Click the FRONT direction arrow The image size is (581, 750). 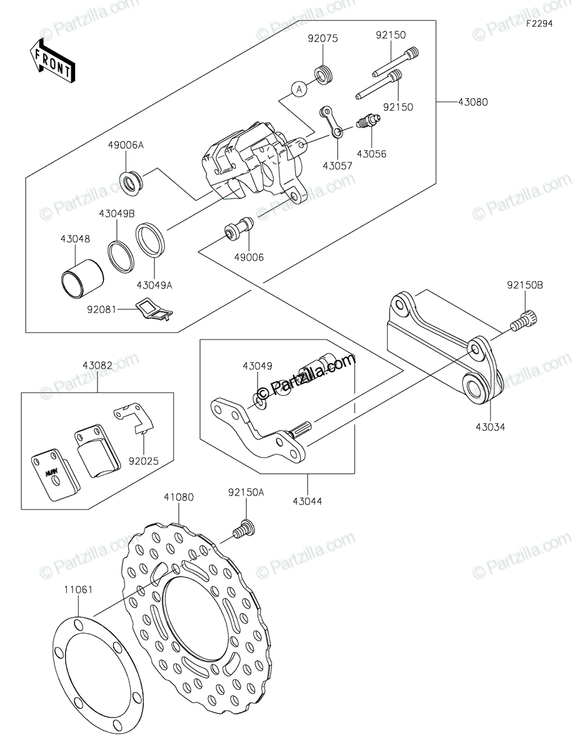pyautogui.click(x=53, y=61)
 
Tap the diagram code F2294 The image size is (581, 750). pyautogui.click(x=539, y=24)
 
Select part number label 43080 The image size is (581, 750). pyautogui.click(x=473, y=102)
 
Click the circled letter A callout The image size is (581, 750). pyautogui.click(x=299, y=90)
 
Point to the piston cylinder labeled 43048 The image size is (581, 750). pyautogui.click(x=82, y=278)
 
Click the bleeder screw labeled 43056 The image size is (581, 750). pyautogui.click(x=368, y=122)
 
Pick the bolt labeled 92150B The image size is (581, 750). pyautogui.click(x=523, y=321)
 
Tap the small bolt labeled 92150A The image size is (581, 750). pyautogui.click(x=244, y=537)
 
